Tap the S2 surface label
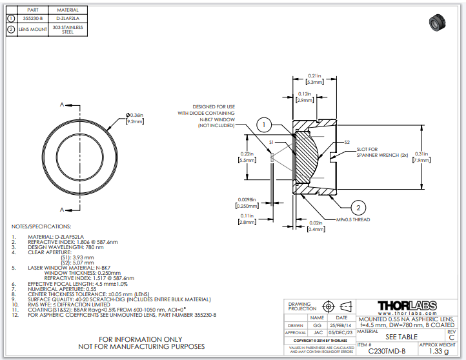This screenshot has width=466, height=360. tap(347, 142)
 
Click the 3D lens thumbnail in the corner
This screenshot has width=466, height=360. tap(439, 24)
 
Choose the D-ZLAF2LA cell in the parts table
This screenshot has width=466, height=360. tap(68, 19)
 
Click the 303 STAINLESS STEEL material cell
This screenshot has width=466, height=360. tap(68, 30)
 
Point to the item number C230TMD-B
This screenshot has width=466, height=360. tap(387, 351)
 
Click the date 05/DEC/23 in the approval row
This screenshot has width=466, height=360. tap(339, 332)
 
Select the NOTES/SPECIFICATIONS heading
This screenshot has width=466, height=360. tap(41, 226)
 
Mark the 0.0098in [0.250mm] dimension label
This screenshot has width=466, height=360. tap(247, 202)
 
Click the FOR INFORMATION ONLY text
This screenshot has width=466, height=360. tap(141, 339)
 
